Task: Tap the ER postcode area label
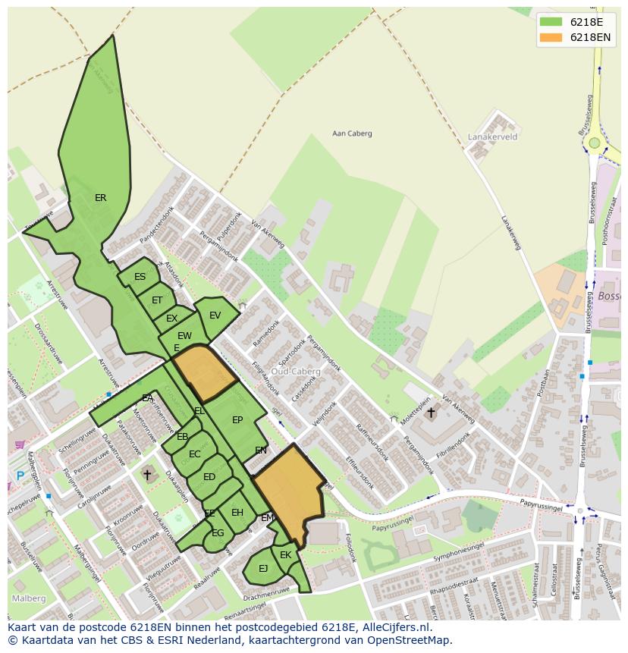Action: click(100, 198)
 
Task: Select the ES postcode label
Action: click(140, 277)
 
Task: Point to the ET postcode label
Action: click(157, 300)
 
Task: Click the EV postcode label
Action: click(215, 316)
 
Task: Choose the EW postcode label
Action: click(184, 336)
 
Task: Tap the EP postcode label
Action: click(237, 420)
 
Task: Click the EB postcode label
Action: click(182, 437)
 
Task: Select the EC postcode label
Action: click(194, 454)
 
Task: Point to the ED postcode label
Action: click(209, 477)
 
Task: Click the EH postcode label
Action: click(237, 513)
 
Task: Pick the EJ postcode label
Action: click(263, 568)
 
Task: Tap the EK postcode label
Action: click(285, 555)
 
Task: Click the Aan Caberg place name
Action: click(352, 133)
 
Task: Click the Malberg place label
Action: click(28, 598)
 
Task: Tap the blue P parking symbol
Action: click(20, 476)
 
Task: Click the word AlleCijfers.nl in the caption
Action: click(397, 627)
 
